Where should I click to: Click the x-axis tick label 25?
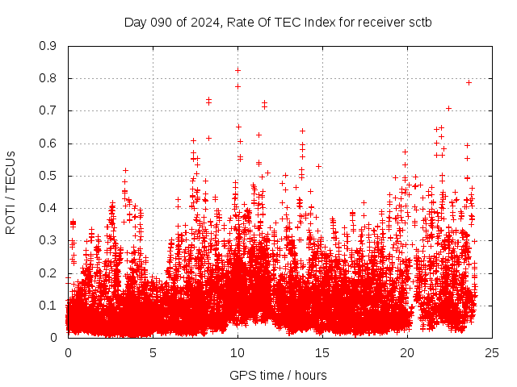pos(492,352)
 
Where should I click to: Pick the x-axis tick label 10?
pos(237,352)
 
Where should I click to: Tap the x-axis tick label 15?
pos(322,352)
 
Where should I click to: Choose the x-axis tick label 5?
pos(153,352)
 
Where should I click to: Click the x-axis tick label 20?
pos(407,352)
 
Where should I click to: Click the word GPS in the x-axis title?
pos(242,375)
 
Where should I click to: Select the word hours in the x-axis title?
pos(310,375)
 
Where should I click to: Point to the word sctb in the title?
pos(419,22)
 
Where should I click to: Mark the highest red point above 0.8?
pos(237,70)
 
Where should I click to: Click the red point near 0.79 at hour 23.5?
pos(469,82)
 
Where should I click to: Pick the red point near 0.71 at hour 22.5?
pos(448,108)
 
